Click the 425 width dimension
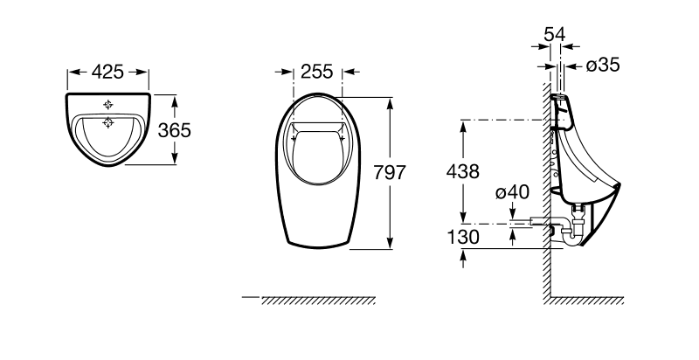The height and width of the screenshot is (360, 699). [107, 72]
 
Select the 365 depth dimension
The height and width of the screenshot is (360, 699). [175, 130]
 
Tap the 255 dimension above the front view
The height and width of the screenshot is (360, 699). [317, 72]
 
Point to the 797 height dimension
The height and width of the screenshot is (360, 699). [390, 172]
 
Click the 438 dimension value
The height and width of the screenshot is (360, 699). [463, 171]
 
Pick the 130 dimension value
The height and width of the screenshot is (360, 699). [463, 237]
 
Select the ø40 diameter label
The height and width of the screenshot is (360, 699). [512, 192]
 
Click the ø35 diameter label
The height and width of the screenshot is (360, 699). [603, 65]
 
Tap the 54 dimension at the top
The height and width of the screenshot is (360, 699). [555, 34]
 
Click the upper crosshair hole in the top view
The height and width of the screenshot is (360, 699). [107, 105]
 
